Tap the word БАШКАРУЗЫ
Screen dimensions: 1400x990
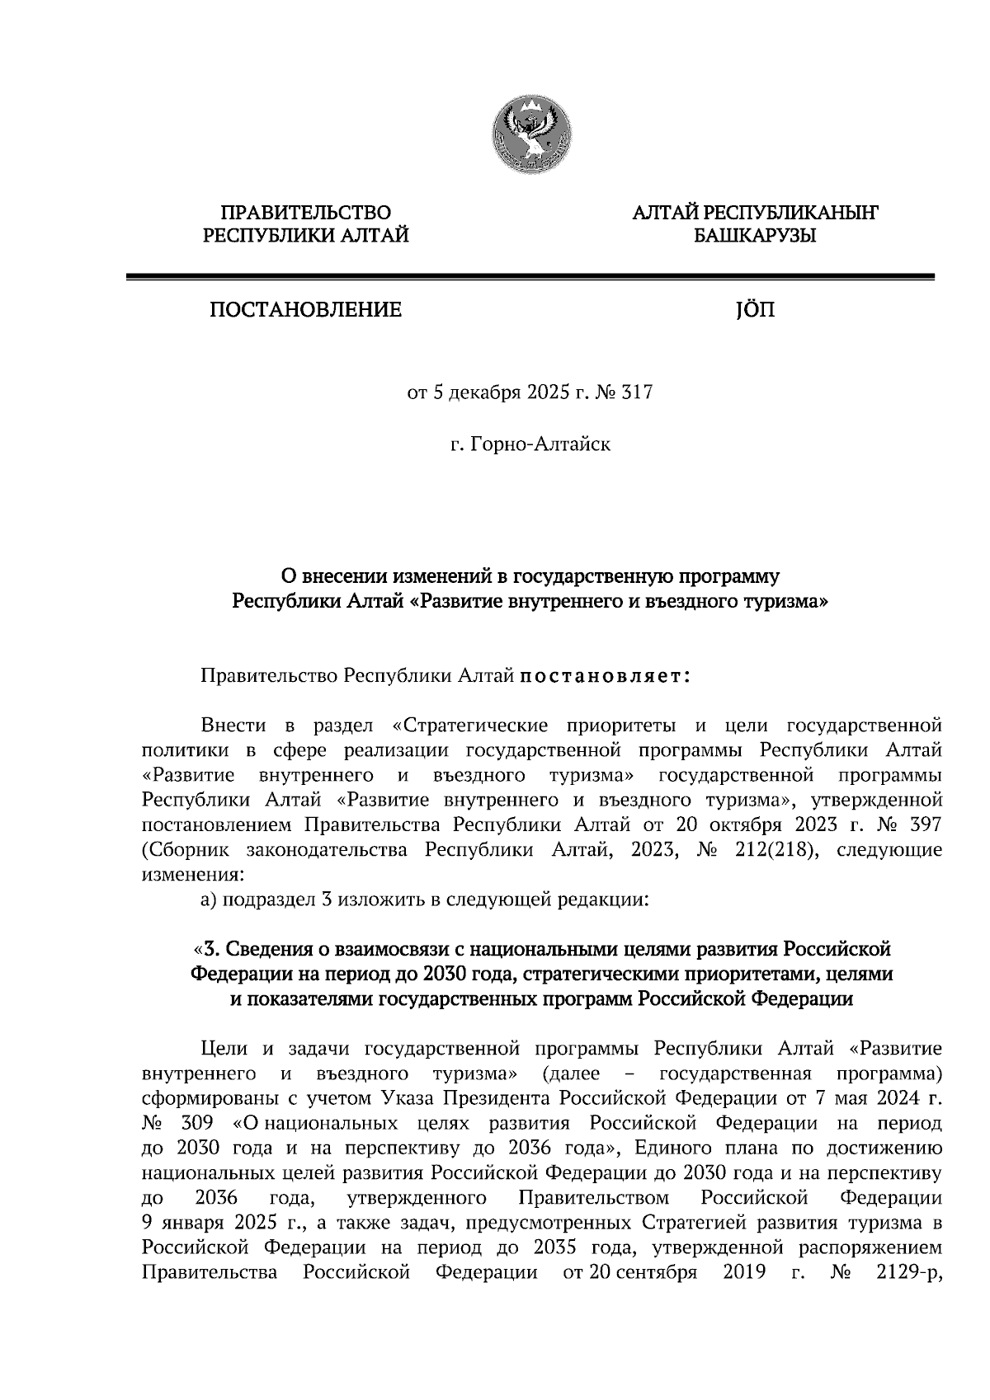point(755,237)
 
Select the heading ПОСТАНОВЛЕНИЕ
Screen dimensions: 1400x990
point(306,310)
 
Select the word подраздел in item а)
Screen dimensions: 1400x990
point(265,900)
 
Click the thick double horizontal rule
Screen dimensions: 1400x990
point(530,278)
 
